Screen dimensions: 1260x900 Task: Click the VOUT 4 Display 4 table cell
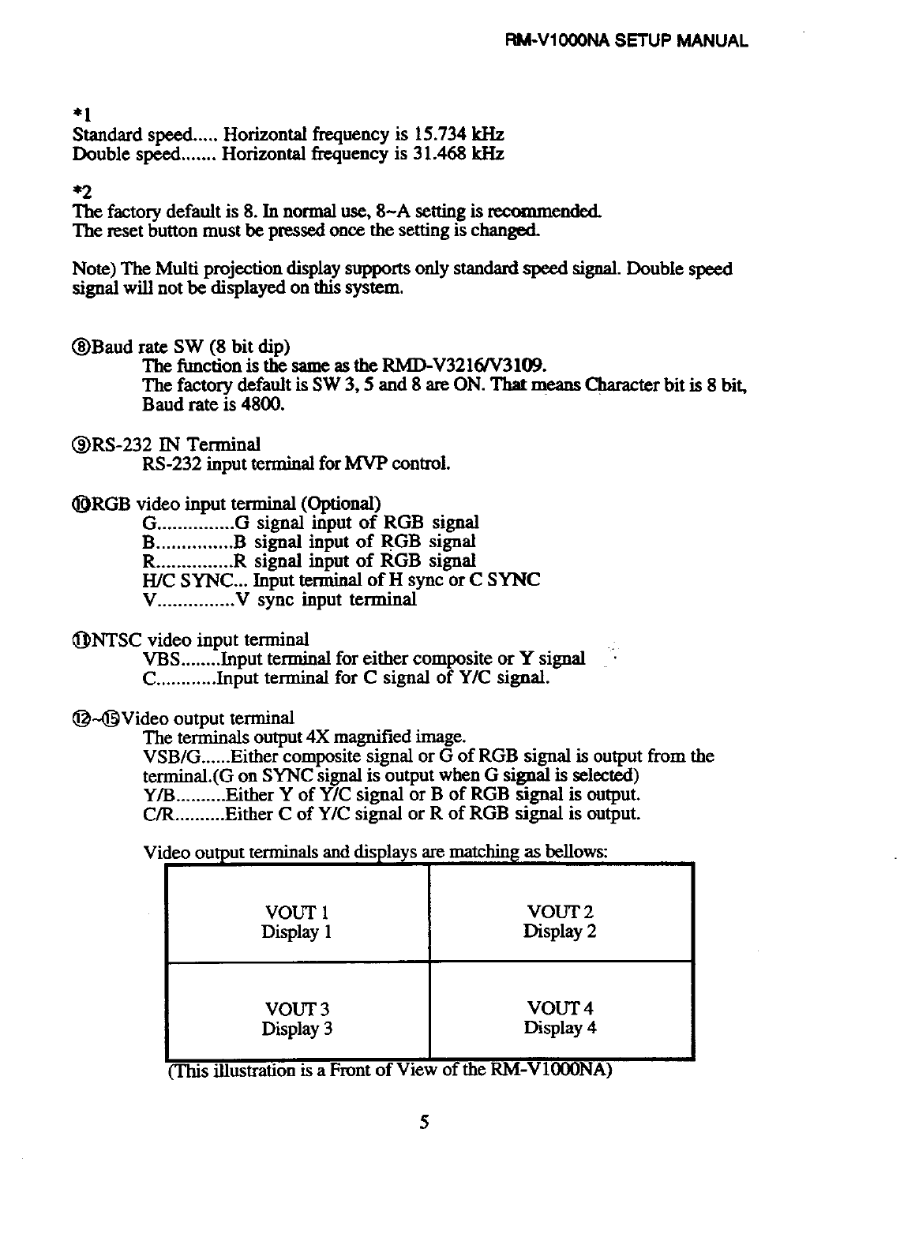click(x=560, y=1018)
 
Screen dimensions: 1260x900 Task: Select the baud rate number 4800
click(x=265, y=405)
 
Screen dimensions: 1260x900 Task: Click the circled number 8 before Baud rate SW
click(x=81, y=347)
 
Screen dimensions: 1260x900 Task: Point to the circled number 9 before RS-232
click(x=81, y=444)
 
